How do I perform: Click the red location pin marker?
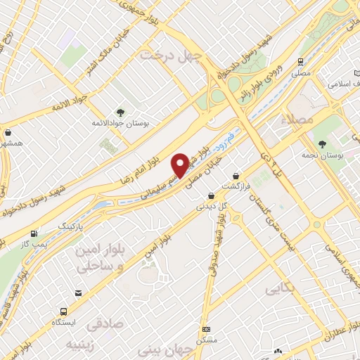coord(181,165)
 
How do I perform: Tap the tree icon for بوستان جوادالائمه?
coord(121,112)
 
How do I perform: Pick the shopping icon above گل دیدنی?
coord(211,195)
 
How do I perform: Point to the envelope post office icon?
coord(78,292)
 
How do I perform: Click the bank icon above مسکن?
coord(205,329)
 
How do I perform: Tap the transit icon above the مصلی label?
coord(301,62)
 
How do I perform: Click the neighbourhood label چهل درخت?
coord(170,54)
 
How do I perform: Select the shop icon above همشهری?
coord(8,131)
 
